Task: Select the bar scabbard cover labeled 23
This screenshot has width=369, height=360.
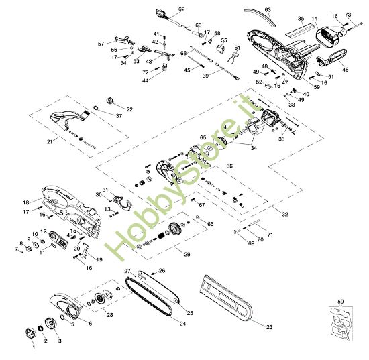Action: (x=228, y=298)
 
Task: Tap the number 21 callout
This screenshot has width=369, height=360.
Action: (x=49, y=142)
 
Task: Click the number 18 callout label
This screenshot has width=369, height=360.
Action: (x=25, y=202)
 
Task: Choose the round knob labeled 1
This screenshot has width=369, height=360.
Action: (x=30, y=333)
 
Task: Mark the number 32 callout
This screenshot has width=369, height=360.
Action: (x=284, y=215)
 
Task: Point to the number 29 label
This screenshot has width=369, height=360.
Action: (x=187, y=255)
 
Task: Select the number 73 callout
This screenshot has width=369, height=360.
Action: (x=348, y=14)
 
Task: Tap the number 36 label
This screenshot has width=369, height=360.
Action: (x=229, y=166)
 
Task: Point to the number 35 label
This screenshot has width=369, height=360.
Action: (x=301, y=19)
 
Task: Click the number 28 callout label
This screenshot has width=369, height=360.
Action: (x=110, y=314)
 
